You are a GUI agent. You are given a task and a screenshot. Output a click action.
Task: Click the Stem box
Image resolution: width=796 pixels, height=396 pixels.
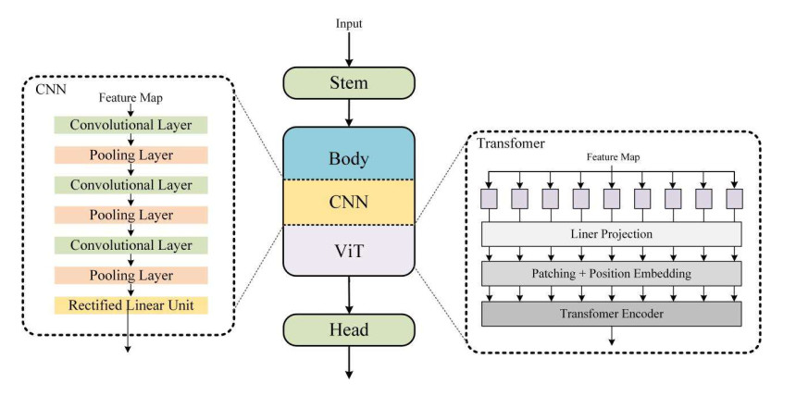click(x=349, y=83)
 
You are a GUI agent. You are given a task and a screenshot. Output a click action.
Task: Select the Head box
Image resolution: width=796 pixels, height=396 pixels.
click(x=349, y=330)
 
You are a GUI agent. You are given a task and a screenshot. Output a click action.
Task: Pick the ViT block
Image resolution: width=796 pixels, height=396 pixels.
click(x=349, y=249)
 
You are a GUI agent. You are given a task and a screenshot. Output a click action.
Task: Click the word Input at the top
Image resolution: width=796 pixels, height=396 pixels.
click(x=349, y=21)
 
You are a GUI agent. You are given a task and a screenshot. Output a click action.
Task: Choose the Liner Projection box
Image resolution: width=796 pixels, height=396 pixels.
click(x=611, y=234)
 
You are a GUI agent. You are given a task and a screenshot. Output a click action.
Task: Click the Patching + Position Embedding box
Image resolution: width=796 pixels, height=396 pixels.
click(x=611, y=274)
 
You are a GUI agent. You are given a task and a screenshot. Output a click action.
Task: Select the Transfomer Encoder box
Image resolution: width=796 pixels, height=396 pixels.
click(x=611, y=313)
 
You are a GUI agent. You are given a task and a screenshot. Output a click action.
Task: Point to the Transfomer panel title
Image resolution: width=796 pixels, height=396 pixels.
click(x=510, y=143)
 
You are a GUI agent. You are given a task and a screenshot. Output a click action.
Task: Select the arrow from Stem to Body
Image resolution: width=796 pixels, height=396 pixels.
click(x=349, y=112)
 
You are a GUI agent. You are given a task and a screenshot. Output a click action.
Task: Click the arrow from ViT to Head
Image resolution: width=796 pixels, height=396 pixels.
click(x=349, y=294)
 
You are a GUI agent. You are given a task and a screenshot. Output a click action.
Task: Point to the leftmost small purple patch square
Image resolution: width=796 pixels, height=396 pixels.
click(x=488, y=199)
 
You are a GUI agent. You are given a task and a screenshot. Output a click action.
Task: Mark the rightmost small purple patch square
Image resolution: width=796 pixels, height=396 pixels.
click(x=734, y=199)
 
